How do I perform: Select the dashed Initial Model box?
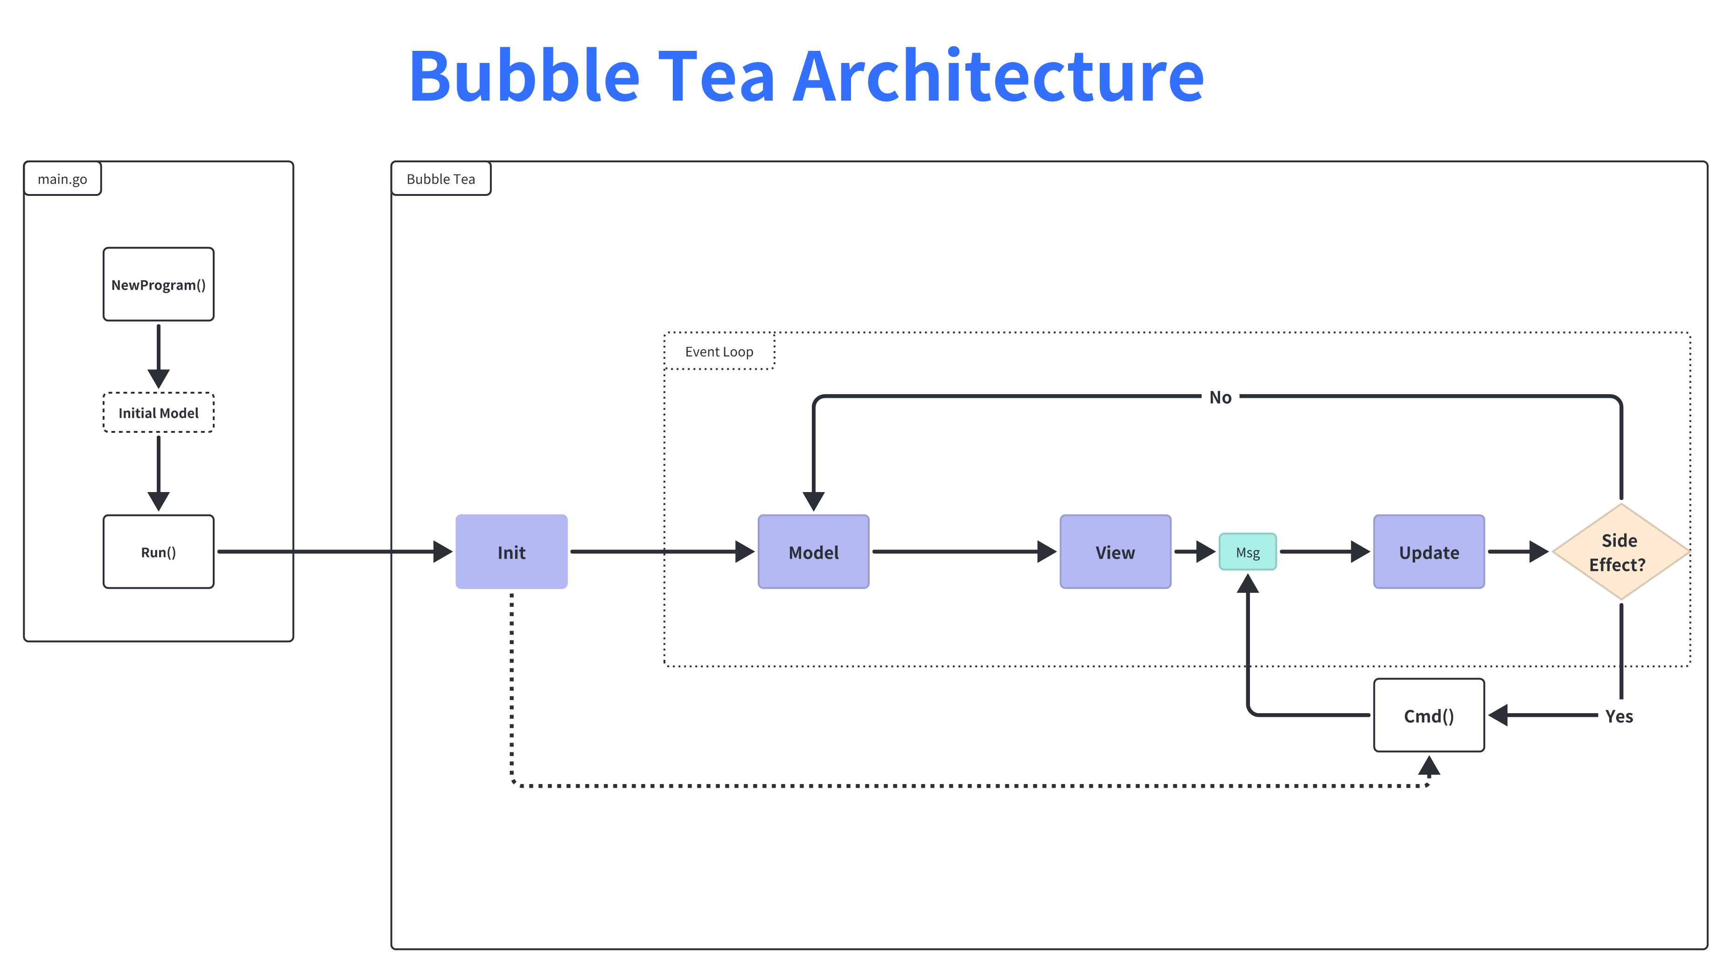[159, 412]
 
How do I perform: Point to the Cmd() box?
[1429, 715]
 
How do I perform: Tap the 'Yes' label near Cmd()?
[1619, 716]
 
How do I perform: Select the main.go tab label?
[63, 179]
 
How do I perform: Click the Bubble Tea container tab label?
[441, 179]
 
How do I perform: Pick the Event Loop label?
[719, 351]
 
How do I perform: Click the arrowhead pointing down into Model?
[813, 500]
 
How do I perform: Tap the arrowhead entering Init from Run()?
[442, 551]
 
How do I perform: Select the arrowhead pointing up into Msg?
[1247, 584]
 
